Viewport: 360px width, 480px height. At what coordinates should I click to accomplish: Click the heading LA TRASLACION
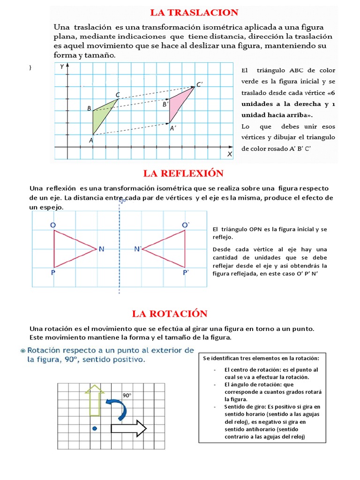pyautogui.click(x=194, y=13)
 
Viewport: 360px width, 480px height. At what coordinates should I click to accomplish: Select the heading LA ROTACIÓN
pyautogui.click(x=169, y=314)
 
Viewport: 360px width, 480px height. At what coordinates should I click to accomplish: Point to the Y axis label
pyautogui.click(x=62, y=67)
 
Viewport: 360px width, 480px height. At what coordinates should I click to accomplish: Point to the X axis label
pyautogui.click(x=230, y=153)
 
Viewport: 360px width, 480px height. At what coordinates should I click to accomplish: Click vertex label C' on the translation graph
pyautogui.click(x=199, y=84)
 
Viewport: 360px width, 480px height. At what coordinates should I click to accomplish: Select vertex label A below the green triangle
pyautogui.click(x=91, y=139)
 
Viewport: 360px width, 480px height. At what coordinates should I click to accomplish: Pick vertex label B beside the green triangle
pyautogui.click(x=89, y=109)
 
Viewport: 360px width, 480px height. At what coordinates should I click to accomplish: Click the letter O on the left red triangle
pyautogui.click(x=53, y=225)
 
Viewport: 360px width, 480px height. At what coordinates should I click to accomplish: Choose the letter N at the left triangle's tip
pyautogui.click(x=101, y=249)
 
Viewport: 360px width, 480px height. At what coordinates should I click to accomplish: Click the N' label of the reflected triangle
pyautogui.click(x=137, y=249)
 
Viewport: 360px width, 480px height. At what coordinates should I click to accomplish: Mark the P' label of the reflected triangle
pyautogui.click(x=186, y=272)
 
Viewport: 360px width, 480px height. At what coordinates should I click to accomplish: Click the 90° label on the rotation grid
pyautogui.click(x=127, y=395)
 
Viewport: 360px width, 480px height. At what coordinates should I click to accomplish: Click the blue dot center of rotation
pyautogui.click(x=95, y=428)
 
